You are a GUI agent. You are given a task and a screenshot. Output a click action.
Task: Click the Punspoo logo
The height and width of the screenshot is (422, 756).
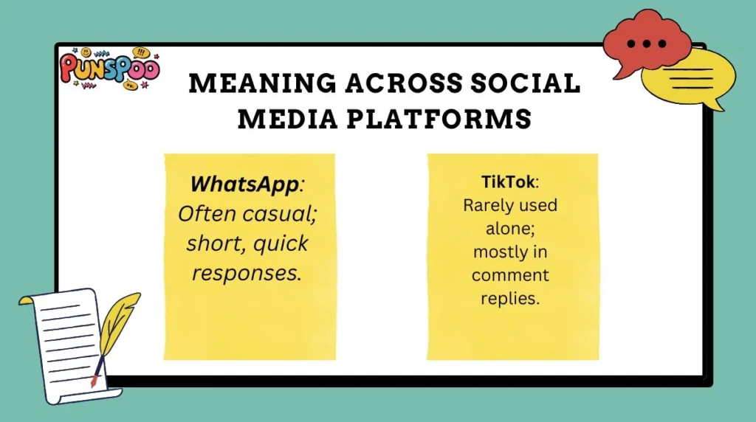109,69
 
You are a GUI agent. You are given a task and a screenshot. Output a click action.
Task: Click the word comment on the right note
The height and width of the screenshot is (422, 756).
510,276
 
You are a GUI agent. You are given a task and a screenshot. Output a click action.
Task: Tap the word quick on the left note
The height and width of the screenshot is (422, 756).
279,243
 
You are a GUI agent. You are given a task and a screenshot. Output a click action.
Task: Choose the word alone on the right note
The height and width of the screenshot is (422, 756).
510,229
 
